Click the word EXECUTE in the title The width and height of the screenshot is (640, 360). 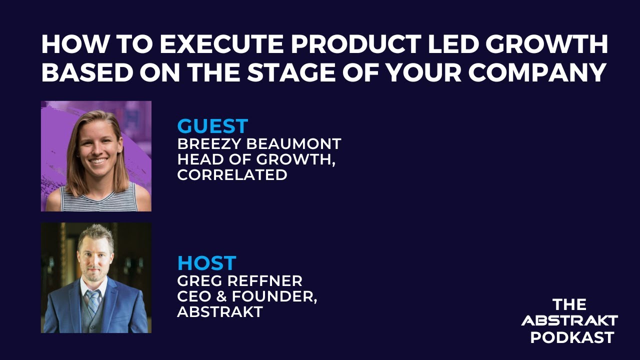pyautogui.click(x=221, y=44)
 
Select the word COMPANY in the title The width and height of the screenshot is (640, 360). pyautogui.click(x=537, y=72)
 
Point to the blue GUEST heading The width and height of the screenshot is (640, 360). pyautogui.click(x=212, y=126)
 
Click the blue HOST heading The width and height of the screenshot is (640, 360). pyautogui.click(x=207, y=263)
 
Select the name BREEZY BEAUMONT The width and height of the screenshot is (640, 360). pyautogui.click(x=259, y=143)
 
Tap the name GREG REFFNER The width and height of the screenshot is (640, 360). pyautogui.click(x=239, y=281)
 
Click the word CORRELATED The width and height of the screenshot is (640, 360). pyautogui.click(x=232, y=175)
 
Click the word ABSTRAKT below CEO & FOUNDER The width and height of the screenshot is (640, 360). pyautogui.click(x=220, y=311)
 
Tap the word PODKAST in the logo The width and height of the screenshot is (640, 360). pyautogui.click(x=572, y=337)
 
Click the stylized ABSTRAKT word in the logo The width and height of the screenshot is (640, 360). pyautogui.click(x=569, y=320)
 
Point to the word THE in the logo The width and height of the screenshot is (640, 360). pyautogui.click(x=569, y=304)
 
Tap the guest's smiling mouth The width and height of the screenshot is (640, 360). pyautogui.click(x=97, y=160)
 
